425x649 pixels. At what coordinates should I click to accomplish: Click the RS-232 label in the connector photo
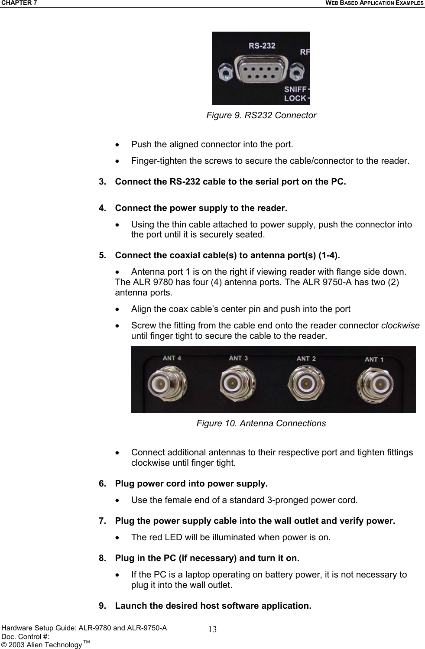click(262, 45)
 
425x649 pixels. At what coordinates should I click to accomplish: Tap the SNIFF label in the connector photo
click(295, 89)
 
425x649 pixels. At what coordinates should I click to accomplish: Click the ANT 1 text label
click(374, 359)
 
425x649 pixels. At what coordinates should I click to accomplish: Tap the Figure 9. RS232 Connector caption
click(261, 115)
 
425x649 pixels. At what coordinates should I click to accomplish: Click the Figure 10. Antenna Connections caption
click(261, 423)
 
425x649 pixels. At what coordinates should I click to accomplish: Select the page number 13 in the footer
click(212, 629)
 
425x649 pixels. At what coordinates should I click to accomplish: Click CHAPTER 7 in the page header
click(19, 3)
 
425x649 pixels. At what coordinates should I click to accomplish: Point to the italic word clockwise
click(400, 325)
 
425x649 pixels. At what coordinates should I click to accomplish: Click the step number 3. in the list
click(103, 182)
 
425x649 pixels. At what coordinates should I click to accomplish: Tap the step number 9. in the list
click(103, 606)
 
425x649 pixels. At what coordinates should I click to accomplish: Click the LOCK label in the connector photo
click(295, 98)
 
